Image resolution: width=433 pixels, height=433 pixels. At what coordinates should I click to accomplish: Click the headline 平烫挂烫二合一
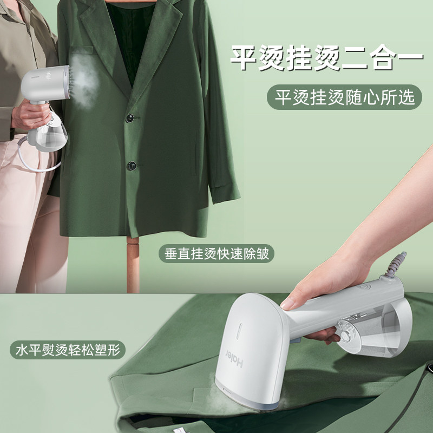[x=327, y=58]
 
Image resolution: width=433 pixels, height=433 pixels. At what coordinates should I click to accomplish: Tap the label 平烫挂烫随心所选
[x=344, y=97]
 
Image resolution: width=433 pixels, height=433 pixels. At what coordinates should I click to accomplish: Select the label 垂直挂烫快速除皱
[x=216, y=253]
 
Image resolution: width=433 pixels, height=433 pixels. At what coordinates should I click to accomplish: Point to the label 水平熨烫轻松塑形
[x=68, y=350]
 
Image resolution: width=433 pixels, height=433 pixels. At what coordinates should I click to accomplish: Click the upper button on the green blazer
[x=130, y=118]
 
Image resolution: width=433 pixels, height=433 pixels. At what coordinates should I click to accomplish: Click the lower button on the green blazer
[x=132, y=166]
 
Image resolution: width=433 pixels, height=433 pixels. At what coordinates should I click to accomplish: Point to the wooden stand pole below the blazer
[x=133, y=265]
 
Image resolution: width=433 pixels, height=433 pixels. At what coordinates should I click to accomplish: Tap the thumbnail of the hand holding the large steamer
[x=288, y=304]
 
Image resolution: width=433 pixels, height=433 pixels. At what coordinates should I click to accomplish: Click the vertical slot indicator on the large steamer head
[x=240, y=331]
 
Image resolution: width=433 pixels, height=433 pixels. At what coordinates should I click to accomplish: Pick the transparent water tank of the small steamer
[x=51, y=135]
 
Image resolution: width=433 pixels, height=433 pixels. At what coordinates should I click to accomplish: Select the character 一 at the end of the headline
[x=410, y=57]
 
